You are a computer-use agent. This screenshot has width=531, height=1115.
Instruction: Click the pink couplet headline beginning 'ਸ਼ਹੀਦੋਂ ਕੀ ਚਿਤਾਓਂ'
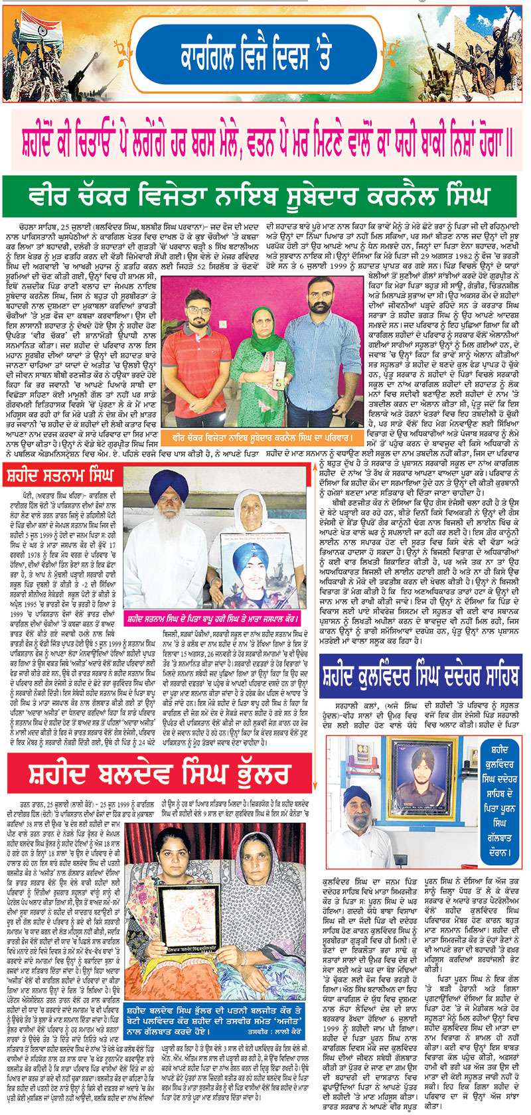tap(265, 131)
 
